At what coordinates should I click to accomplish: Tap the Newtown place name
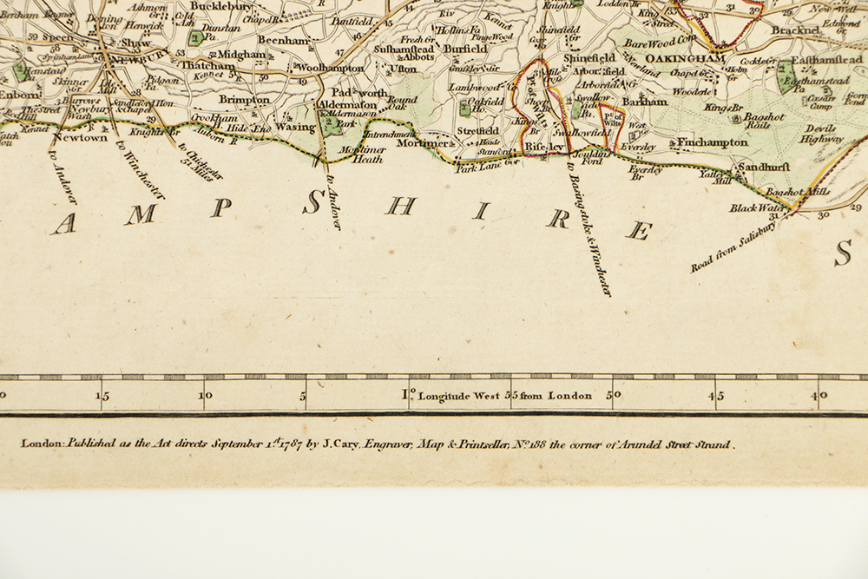80,137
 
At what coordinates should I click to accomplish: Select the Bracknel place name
796,30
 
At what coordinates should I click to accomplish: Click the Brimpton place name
244,99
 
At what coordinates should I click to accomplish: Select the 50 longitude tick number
614,396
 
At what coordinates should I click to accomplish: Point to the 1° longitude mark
407,396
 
